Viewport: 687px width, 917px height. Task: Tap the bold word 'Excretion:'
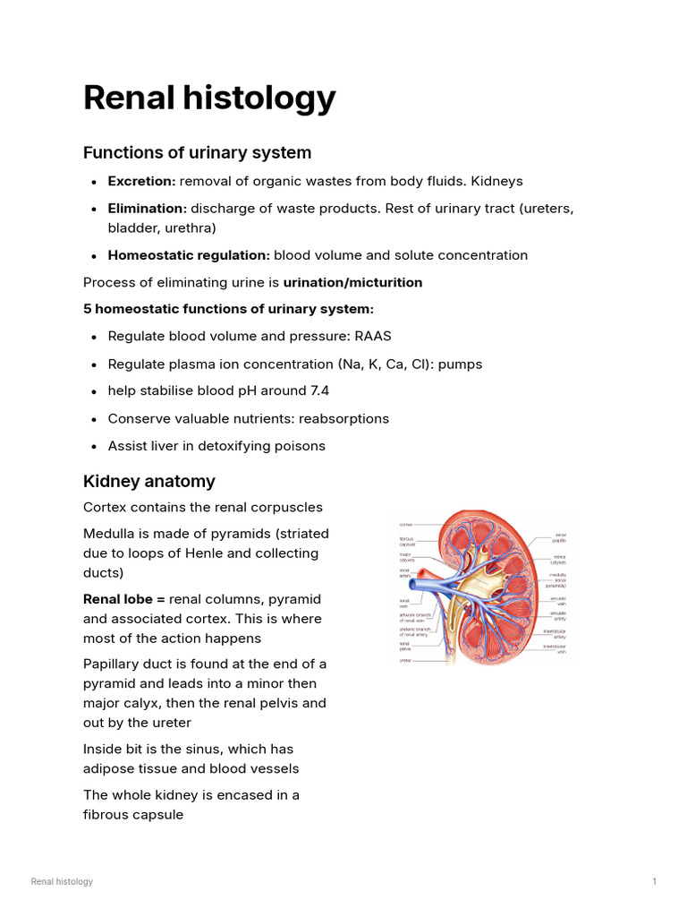point(141,181)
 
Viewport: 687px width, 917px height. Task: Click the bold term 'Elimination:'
point(147,208)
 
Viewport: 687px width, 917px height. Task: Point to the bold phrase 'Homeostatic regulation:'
point(189,255)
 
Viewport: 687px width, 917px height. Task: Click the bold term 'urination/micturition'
point(352,282)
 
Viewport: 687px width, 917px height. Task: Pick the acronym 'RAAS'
point(373,337)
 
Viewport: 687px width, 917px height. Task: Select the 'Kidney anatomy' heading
point(148,481)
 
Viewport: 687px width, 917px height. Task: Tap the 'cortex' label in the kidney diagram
point(405,524)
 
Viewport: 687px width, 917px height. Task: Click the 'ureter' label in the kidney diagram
point(405,662)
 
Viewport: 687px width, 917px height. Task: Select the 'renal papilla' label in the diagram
point(559,537)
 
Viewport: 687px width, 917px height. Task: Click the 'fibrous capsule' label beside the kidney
point(406,542)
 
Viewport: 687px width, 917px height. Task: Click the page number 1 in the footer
point(655,882)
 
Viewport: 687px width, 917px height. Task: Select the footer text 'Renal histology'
point(62,882)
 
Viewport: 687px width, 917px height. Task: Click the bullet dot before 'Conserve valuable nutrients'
point(95,419)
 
